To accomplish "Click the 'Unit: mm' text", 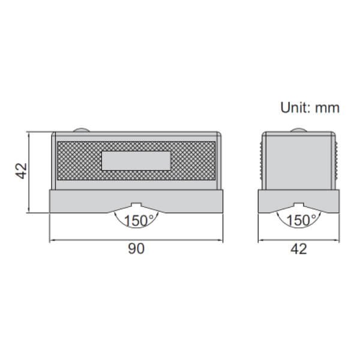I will [x=310, y=108].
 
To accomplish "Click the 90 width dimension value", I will [x=136, y=248].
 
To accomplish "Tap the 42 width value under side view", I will [x=298, y=248].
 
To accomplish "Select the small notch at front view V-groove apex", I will [x=136, y=205].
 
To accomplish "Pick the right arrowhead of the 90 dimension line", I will [x=223, y=241].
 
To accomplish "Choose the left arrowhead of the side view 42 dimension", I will [x=260, y=241].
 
